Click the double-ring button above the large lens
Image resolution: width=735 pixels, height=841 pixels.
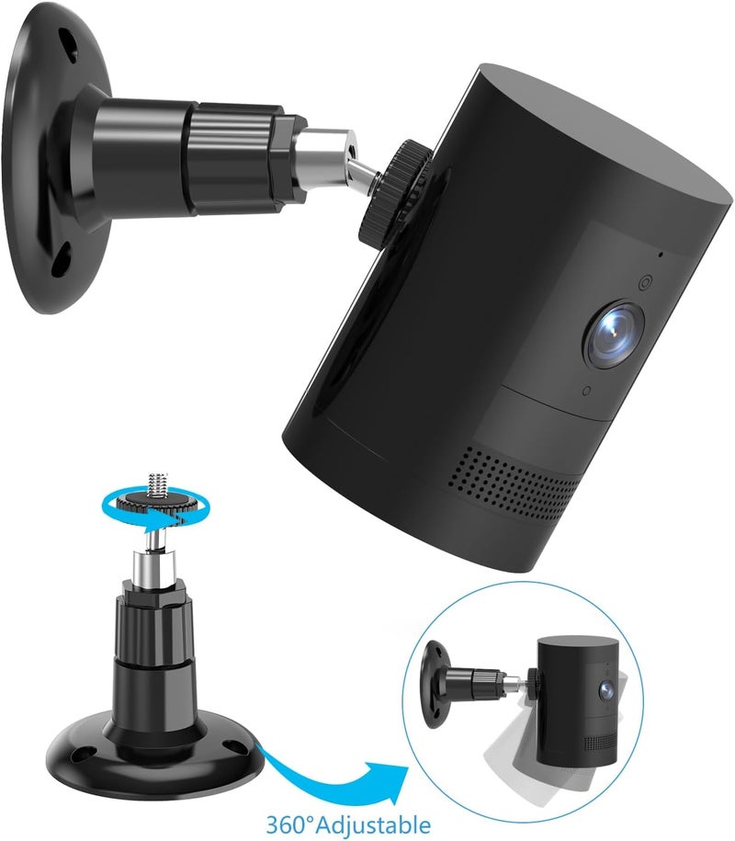[643, 283]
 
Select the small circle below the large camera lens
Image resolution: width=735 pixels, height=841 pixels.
[585, 392]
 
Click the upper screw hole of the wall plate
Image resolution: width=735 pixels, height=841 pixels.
[66, 41]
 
